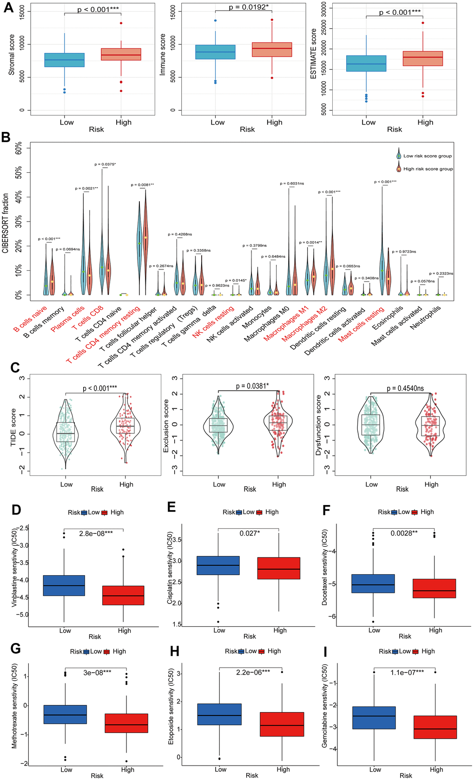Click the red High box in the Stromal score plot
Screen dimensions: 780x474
click(121, 54)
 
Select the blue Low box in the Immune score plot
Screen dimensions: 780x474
click(215, 52)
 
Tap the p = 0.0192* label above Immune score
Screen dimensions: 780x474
click(249, 7)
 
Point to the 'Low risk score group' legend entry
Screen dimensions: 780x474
click(427, 156)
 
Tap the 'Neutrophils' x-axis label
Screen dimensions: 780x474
click(425, 317)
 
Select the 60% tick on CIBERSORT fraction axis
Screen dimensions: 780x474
click(19, 149)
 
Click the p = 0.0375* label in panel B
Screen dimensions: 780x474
click(105, 164)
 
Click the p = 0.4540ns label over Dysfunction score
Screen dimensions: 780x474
click(405, 388)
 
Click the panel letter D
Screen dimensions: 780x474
click(16, 510)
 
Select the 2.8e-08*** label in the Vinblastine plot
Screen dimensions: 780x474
click(96, 533)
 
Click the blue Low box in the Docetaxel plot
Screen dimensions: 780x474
click(373, 583)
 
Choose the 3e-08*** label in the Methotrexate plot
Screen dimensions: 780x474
click(97, 672)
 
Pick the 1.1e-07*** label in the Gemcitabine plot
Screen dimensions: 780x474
click(407, 672)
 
